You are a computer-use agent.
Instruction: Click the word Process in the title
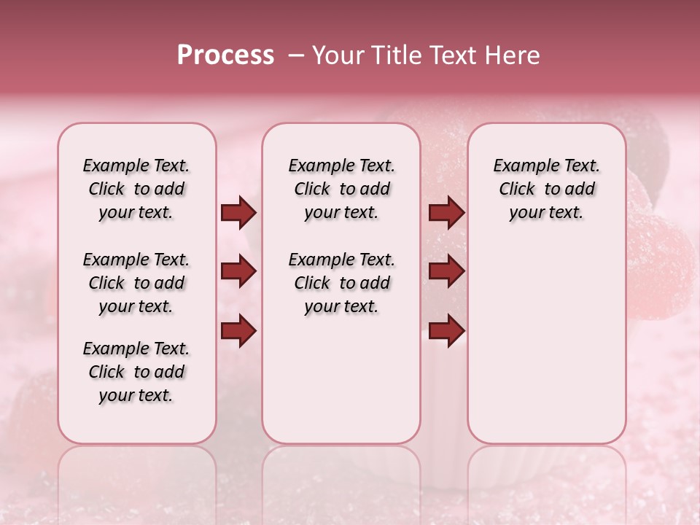pyautogui.click(x=225, y=55)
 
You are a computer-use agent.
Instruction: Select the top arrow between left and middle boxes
pyautogui.click(x=238, y=213)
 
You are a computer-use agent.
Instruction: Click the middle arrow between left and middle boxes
pyautogui.click(x=238, y=272)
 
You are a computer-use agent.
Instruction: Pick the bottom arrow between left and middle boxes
pyautogui.click(x=238, y=331)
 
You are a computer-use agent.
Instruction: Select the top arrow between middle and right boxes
pyautogui.click(x=446, y=213)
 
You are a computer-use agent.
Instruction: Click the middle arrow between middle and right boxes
pyautogui.click(x=446, y=272)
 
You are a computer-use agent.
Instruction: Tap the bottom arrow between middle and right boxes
pyautogui.click(x=446, y=331)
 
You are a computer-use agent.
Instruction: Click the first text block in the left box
pyautogui.click(x=136, y=189)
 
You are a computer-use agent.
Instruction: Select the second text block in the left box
pyautogui.click(x=136, y=283)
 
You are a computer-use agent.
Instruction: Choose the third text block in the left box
pyautogui.click(x=136, y=372)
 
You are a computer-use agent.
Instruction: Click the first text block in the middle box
pyautogui.click(x=341, y=189)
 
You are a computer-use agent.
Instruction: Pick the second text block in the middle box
pyautogui.click(x=341, y=283)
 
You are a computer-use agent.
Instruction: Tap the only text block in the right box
pyautogui.click(x=546, y=189)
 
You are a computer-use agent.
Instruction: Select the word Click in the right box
pyautogui.click(x=517, y=190)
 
